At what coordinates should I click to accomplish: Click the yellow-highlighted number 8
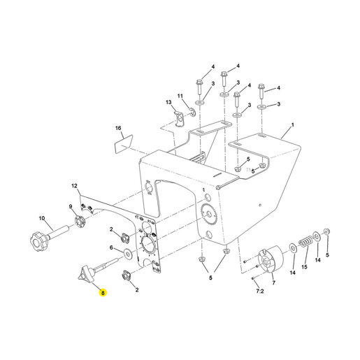pos(103,292)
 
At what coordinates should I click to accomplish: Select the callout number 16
pos(118,128)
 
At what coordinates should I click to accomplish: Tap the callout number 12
pos(74,186)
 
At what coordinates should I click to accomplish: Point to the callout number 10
pos(42,218)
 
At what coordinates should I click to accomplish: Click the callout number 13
pos(168,102)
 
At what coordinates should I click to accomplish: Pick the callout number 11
pos(180,96)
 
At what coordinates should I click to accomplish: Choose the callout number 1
pos(293,125)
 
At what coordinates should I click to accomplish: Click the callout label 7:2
pos(260,291)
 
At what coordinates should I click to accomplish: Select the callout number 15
pos(305,267)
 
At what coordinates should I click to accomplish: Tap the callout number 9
pos(70,206)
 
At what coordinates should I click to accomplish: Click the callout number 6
pos(111,247)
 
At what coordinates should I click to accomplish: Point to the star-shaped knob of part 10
pos(39,242)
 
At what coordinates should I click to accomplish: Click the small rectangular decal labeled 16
pos(124,144)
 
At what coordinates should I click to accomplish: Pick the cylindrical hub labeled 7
pos(271,259)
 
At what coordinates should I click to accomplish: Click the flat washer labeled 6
pos(128,254)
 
